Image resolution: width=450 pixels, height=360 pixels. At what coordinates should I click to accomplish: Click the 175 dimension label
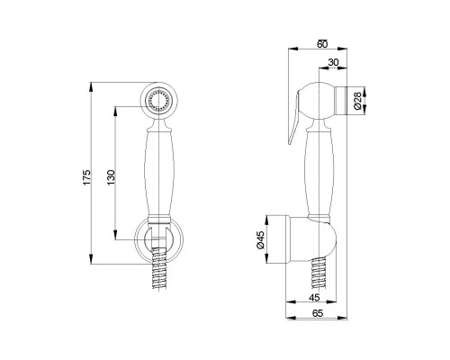86,177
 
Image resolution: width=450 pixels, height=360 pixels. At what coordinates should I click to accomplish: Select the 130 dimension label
111,177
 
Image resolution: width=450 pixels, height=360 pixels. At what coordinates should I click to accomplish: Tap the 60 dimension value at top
322,44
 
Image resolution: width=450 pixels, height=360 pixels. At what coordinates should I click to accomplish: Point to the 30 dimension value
333,62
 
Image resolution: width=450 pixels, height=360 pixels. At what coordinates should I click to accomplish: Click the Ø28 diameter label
357,101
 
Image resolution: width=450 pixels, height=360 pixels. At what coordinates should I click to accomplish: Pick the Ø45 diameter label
260,239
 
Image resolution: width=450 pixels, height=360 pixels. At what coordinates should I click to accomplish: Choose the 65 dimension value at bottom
318,313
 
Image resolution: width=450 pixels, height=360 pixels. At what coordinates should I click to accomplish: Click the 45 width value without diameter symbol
314,298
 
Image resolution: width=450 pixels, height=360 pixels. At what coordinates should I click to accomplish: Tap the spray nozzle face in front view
157,99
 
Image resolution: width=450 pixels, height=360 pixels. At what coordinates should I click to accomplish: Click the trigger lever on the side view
294,117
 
